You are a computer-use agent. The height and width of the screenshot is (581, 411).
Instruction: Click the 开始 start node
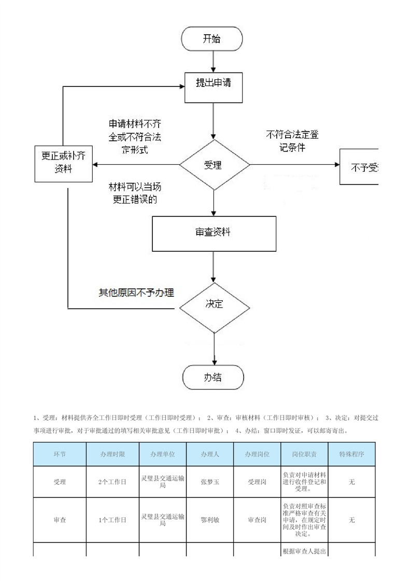point(211,39)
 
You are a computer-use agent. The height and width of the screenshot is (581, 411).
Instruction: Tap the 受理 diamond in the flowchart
point(214,165)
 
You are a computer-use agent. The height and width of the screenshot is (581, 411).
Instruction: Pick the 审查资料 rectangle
point(214,233)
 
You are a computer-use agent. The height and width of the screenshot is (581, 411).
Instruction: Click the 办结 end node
point(213,377)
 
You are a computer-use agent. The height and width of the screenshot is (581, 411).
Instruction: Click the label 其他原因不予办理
point(136,293)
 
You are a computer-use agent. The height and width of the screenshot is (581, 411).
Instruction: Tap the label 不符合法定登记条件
point(293,141)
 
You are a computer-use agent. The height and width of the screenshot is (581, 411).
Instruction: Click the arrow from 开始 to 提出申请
point(213,61)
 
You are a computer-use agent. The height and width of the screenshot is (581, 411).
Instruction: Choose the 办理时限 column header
point(112,454)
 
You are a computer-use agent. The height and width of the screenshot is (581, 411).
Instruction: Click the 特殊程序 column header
point(352,454)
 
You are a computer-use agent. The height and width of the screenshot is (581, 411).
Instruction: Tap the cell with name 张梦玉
point(210,482)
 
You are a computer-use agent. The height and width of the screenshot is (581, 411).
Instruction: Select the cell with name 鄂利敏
point(210,520)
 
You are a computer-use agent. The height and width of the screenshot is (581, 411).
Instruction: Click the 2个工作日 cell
point(112,482)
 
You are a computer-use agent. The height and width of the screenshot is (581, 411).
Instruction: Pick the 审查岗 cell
point(257,520)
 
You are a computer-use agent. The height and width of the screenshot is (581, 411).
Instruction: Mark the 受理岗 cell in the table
point(257,482)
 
